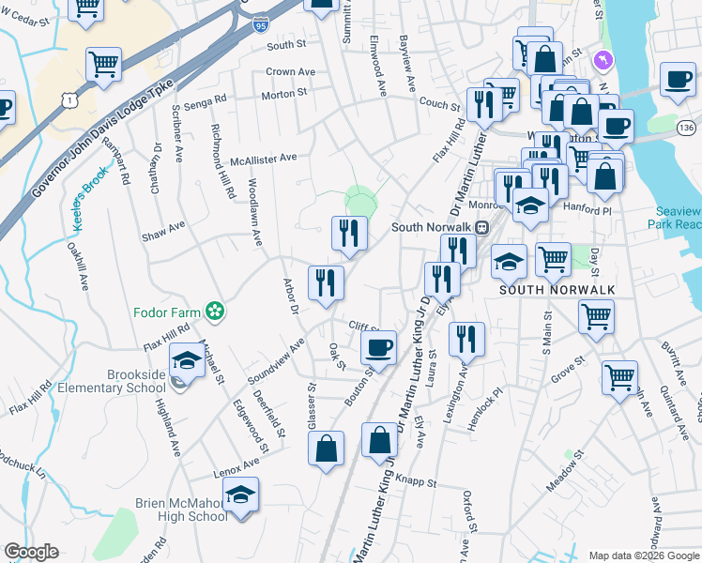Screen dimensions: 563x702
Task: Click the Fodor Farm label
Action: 170,310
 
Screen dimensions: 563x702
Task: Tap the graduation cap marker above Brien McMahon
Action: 241,495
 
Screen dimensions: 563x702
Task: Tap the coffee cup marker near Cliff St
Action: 379,347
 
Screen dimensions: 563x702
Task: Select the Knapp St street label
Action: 419,481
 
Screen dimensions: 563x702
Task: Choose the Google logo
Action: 31,552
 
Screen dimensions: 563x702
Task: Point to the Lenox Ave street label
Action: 236,465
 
